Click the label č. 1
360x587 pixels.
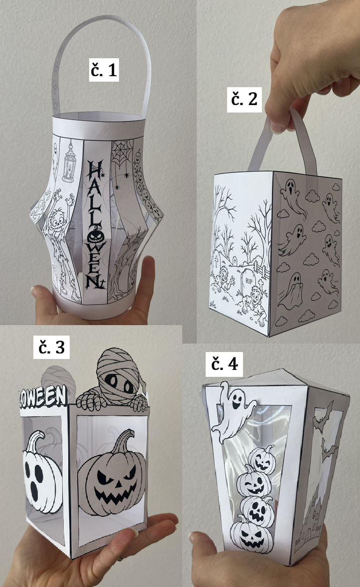[104, 69]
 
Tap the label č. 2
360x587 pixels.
[244, 99]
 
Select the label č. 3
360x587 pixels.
[51, 347]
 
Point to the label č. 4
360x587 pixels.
[224, 363]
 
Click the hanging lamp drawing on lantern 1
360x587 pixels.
[69, 161]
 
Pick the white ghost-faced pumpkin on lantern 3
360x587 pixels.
[41, 473]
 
